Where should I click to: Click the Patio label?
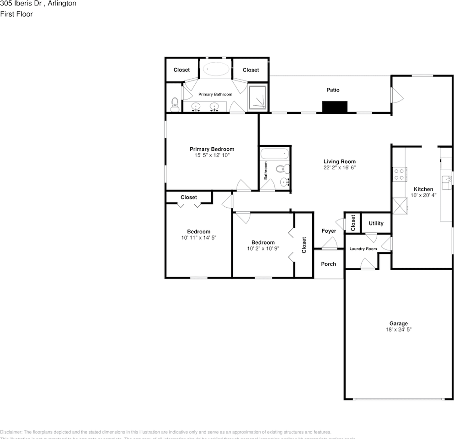click(x=333, y=90)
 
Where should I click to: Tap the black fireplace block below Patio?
click(x=335, y=107)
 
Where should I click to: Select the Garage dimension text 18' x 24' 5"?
click(x=398, y=329)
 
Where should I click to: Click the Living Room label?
click(x=339, y=161)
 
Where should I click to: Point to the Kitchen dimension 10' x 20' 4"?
click(x=423, y=195)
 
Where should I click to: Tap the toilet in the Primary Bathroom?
click(x=174, y=105)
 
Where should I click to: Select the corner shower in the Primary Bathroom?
click(x=258, y=98)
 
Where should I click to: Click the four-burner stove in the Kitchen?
click(x=399, y=174)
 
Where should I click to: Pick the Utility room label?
click(x=376, y=224)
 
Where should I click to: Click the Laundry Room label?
click(x=363, y=249)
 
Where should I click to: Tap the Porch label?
click(x=328, y=264)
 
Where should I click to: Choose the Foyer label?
click(x=328, y=231)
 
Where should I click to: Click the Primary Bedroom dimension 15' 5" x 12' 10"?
click(x=212, y=155)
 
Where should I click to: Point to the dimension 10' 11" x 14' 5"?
click(x=198, y=238)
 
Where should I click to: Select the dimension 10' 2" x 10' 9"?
click(x=263, y=249)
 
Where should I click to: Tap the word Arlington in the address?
click(x=61, y=4)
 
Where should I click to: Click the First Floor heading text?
click(x=16, y=14)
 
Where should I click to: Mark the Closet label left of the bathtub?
click(x=182, y=70)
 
